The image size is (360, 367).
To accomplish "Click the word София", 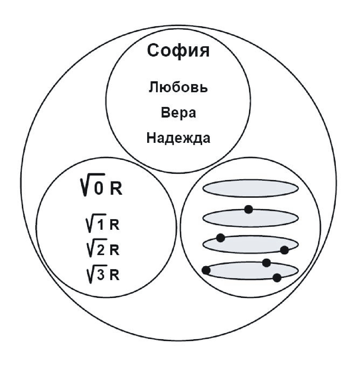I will click(178, 51).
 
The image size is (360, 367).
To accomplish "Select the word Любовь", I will click(178, 88).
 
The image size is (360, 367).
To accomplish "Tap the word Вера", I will click(178, 113).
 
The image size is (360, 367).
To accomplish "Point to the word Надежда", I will click(178, 138).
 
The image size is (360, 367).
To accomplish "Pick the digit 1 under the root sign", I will click(99, 225).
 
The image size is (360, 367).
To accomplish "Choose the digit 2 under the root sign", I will click(100, 250).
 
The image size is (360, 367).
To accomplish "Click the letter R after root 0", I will click(116, 189).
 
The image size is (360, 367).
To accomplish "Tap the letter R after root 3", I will click(114, 276).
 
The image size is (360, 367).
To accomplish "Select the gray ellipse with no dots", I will click(251, 188).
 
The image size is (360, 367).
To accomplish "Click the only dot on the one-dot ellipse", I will click(248, 209).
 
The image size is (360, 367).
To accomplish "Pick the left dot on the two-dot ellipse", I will click(221, 238).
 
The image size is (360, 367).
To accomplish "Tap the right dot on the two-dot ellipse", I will click(284, 250).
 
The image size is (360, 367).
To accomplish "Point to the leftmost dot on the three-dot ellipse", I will click(206, 270).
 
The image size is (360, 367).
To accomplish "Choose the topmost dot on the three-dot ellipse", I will click(266, 263).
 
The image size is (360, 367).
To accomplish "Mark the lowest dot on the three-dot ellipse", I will click(277, 277).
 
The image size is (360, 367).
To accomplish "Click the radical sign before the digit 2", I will click(90, 250).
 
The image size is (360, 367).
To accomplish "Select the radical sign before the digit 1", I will click(89, 224).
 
